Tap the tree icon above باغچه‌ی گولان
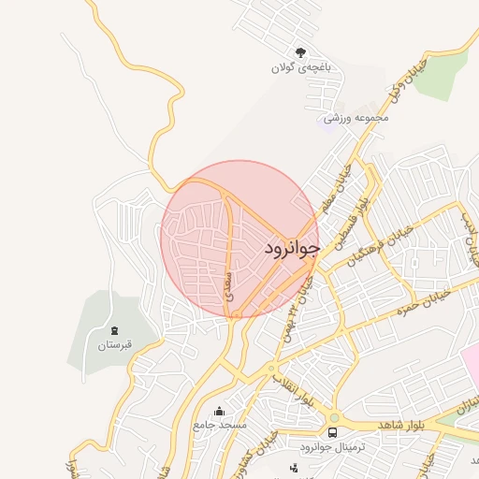point(300,53)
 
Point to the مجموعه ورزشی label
point(356,119)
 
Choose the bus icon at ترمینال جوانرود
point(332,432)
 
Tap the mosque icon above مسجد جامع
point(220,411)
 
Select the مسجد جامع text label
point(220,425)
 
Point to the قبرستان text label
point(115,345)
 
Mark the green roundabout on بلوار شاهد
point(334,416)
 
